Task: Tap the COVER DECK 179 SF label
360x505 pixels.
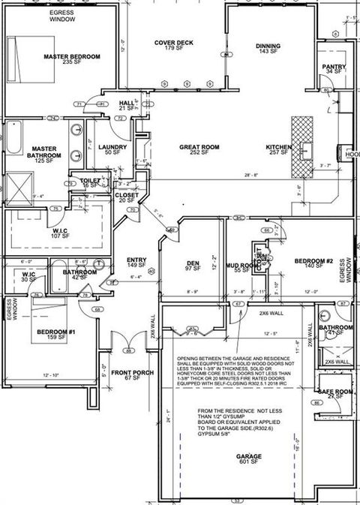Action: tap(174, 47)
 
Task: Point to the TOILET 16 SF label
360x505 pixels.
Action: tap(90, 183)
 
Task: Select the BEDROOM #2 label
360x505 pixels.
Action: tap(313, 263)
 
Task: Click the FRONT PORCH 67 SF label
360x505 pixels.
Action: tap(132, 375)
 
